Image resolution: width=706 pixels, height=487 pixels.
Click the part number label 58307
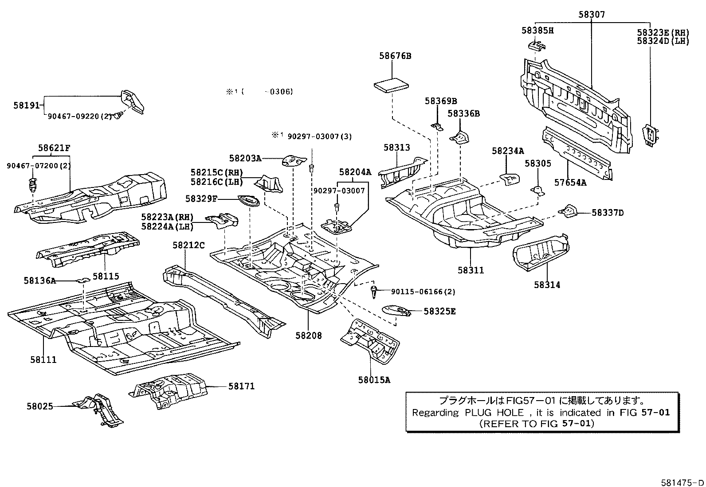[x=591, y=15]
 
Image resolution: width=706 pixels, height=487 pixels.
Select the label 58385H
[x=537, y=31]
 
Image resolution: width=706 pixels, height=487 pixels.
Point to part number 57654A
[x=569, y=182]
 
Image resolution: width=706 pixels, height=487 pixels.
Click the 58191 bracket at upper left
[x=133, y=101]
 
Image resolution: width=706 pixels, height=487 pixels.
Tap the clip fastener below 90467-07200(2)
[x=31, y=183]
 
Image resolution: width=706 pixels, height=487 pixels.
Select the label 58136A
[x=40, y=280]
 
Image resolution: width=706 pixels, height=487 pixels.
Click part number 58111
[x=43, y=359]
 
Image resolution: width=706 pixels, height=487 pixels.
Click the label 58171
[x=241, y=386]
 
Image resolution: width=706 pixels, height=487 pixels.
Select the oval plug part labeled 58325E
[x=396, y=310]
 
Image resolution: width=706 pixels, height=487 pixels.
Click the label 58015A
[x=374, y=380]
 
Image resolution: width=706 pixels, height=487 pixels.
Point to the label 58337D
[x=608, y=213]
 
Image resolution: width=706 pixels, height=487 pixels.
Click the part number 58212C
[x=188, y=245]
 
